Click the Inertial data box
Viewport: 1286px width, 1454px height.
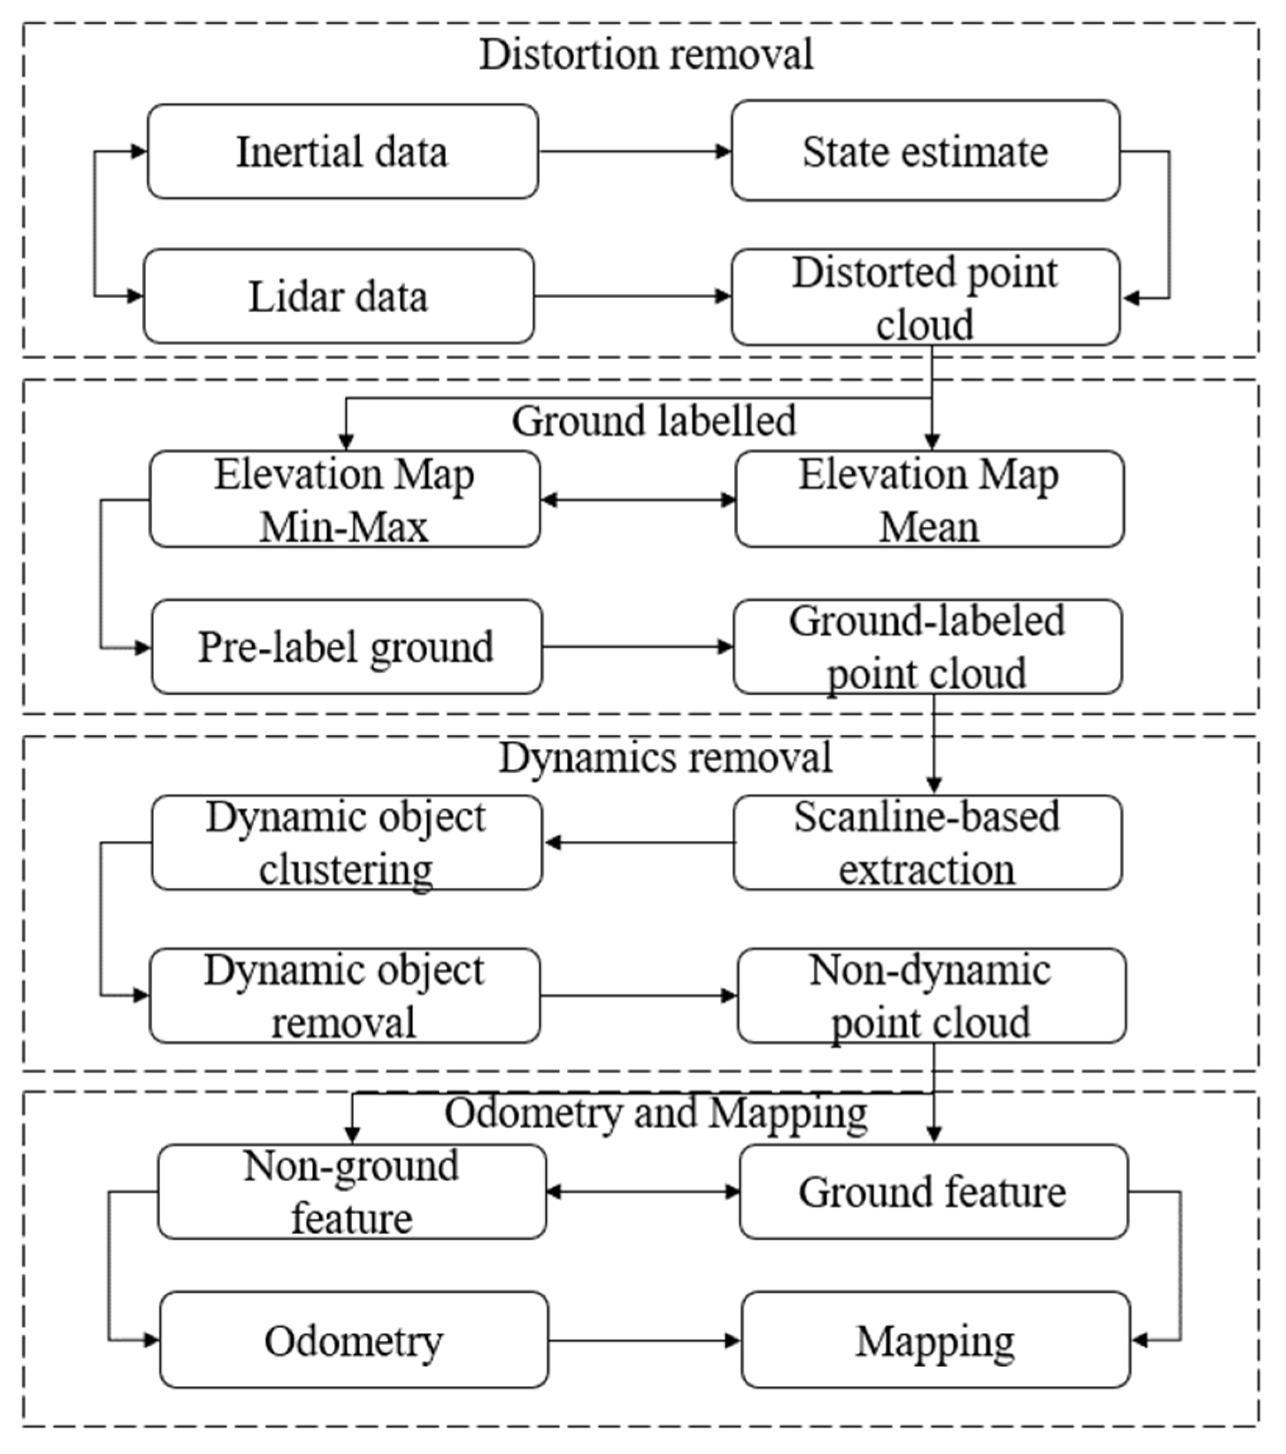pyautogui.click(x=342, y=152)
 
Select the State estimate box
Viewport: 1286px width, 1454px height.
pyautogui.click(x=925, y=151)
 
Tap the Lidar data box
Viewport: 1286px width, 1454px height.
pyautogui.click(x=339, y=296)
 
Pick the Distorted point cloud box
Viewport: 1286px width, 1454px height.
pyautogui.click(x=925, y=298)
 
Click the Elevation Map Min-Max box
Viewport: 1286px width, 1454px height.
pyautogui.click(x=345, y=499)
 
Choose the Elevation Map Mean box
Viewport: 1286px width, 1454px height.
pyautogui.click(x=929, y=499)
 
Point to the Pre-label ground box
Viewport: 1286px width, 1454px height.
pyautogui.click(x=347, y=647)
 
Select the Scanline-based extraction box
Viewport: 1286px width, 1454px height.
pyautogui.click(x=927, y=843)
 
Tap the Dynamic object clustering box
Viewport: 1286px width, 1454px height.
pyautogui.click(x=347, y=843)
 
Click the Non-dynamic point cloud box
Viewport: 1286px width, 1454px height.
pyautogui.click(x=931, y=996)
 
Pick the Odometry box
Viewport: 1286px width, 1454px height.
pyautogui.click(x=354, y=1341)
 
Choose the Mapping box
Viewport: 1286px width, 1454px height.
pyautogui.click(x=935, y=1341)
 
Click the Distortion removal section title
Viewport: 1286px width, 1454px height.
pyautogui.click(x=645, y=54)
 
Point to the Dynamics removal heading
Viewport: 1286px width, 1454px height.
pyautogui.click(x=665, y=757)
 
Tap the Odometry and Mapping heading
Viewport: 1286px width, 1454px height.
pyautogui.click(x=656, y=1112)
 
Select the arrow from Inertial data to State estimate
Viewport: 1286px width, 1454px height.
pyautogui.click(x=634, y=151)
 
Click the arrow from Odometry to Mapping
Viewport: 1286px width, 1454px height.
pyautogui.click(x=645, y=1341)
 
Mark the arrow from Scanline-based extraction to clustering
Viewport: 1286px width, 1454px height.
pyautogui.click(x=638, y=843)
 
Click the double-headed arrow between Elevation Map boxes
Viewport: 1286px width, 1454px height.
pyautogui.click(x=638, y=500)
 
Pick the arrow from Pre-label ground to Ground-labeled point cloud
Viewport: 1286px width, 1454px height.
pyautogui.click(x=638, y=647)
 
